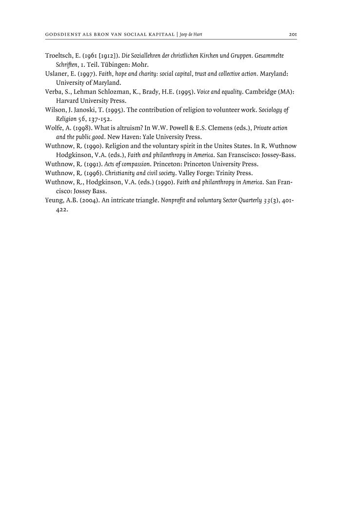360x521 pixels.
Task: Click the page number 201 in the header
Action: [x=293, y=35]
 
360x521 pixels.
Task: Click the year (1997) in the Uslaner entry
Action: [x=87, y=74]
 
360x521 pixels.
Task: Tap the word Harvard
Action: [x=68, y=100]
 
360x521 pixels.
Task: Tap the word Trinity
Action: [x=225, y=173]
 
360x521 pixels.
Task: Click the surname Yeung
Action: [x=55, y=200]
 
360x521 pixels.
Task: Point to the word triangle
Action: [x=144, y=200]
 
